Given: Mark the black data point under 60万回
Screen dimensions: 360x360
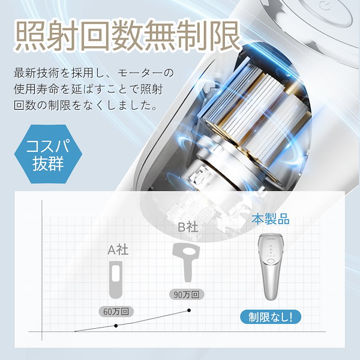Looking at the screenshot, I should [116, 325].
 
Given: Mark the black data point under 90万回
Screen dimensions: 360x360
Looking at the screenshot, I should [190, 310].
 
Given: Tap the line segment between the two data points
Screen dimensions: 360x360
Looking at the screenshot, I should [153, 318].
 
